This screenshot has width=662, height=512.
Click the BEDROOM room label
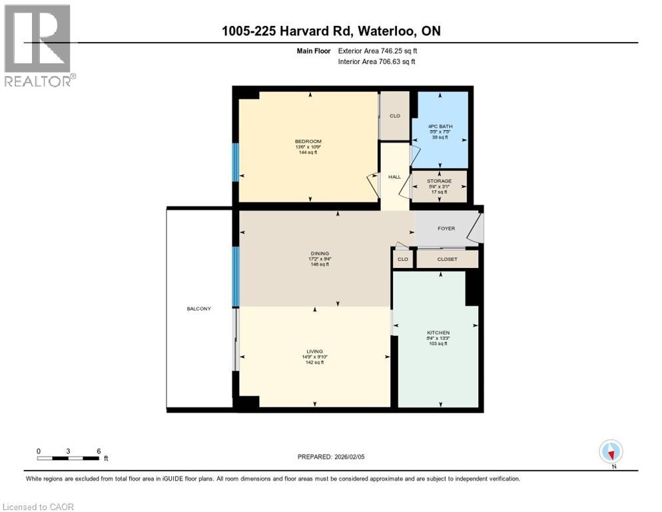pyautogui.click(x=308, y=141)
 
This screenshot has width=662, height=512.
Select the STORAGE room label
pyautogui.click(x=440, y=181)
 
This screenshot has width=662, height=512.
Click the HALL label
pyautogui.click(x=394, y=177)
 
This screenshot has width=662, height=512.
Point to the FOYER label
pyautogui.click(x=446, y=229)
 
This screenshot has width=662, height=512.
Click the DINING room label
pyautogui.click(x=320, y=253)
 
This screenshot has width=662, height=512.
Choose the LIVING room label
pyautogui.click(x=314, y=351)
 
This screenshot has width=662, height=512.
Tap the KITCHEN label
pyautogui.click(x=438, y=333)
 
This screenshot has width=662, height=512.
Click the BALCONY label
pyautogui.click(x=199, y=309)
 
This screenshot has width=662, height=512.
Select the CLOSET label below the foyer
pyautogui.click(x=448, y=259)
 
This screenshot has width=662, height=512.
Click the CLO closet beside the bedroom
pyautogui.click(x=394, y=116)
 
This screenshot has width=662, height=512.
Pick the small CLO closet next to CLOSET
pyautogui.click(x=402, y=259)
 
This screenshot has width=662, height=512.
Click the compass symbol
pyautogui.click(x=611, y=452)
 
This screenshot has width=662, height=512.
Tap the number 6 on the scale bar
pyautogui.click(x=99, y=451)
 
